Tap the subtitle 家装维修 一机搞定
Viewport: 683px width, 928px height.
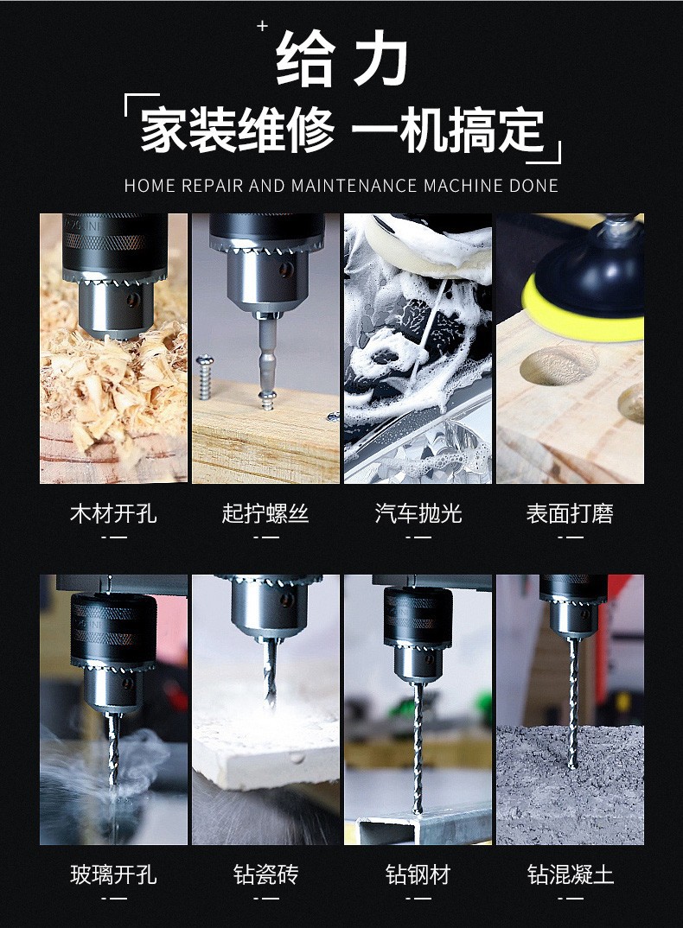[342, 132]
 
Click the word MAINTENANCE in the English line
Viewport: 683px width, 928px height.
[355, 186]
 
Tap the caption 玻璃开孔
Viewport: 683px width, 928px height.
[113, 874]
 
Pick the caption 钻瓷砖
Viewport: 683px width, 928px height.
[265, 874]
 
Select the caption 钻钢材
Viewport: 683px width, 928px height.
[418, 874]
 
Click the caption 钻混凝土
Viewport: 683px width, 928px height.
[570, 874]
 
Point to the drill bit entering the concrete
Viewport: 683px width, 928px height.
[571, 717]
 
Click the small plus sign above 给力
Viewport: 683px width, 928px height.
[263, 27]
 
